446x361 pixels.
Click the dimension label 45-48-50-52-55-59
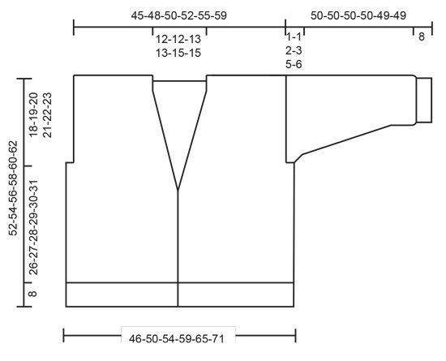click(178, 15)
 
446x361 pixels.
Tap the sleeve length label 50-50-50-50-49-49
click(358, 15)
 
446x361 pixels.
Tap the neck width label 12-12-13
click(178, 39)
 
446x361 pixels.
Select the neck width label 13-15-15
click(178, 53)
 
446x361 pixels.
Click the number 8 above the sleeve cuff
click(421, 36)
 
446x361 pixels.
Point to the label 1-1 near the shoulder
click(294, 37)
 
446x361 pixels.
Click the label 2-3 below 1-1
click(294, 50)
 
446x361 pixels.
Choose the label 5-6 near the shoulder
click(294, 64)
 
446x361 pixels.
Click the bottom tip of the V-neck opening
click(178, 191)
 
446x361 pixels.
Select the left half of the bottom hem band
click(122, 294)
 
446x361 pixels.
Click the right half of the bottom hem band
click(235, 294)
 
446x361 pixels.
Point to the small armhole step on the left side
click(70, 162)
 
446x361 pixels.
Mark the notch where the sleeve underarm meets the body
click(292, 161)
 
